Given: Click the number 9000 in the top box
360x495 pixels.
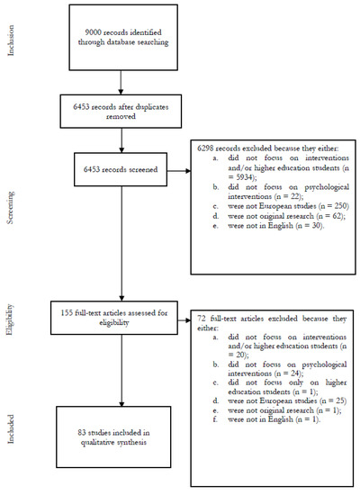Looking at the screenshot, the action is click(x=93, y=32).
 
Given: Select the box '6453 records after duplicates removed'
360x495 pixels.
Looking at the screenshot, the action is click(x=121, y=111).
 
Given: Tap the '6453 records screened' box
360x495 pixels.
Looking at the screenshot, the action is click(x=121, y=169).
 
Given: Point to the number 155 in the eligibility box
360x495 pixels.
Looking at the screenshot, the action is click(x=67, y=313).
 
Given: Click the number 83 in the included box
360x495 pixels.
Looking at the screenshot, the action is click(x=82, y=433).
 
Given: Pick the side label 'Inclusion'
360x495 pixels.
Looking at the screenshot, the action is click(x=11, y=40).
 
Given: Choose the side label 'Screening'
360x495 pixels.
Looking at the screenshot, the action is click(x=11, y=208).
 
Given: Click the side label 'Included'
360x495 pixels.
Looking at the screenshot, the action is click(x=11, y=429).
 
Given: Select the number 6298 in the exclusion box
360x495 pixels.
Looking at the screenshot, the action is click(x=205, y=148).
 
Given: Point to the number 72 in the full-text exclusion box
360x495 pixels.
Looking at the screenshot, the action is click(x=202, y=319).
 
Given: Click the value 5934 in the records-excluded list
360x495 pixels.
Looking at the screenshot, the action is click(x=244, y=177).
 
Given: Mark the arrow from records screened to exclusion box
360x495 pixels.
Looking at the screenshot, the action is click(x=179, y=171).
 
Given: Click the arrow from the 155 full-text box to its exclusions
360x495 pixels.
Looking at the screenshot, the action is click(x=184, y=320).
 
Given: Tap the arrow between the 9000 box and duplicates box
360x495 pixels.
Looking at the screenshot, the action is click(x=121, y=83).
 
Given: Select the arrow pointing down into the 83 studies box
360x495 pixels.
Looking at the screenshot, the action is click(x=121, y=370).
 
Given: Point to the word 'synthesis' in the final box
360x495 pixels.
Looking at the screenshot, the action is click(x=131, y=443).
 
